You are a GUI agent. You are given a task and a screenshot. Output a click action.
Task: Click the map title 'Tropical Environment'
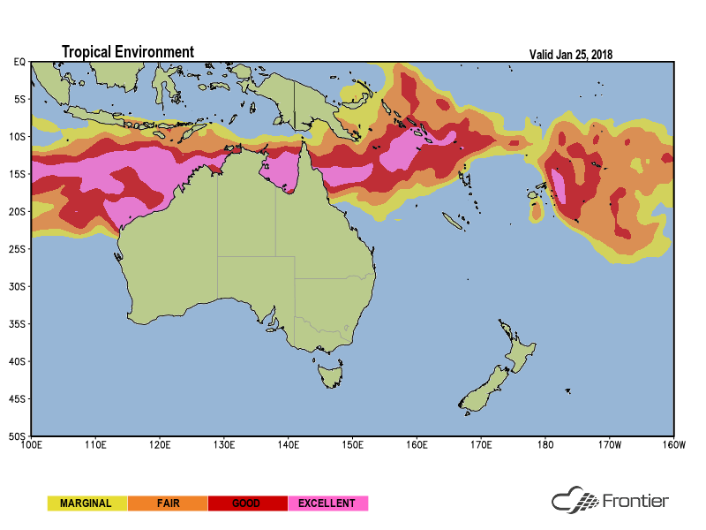(x=127, y=52)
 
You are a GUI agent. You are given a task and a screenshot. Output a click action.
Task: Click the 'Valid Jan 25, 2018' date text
(x=570, y=54)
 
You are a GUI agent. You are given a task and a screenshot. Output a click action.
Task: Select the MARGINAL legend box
(x=86, y=503)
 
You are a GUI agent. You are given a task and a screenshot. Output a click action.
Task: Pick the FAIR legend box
(x=168, y=503)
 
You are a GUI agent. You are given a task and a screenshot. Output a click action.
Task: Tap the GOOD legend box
(x=246, y=503)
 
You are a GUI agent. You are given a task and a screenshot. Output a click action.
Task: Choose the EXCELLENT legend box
(x=327, y=503)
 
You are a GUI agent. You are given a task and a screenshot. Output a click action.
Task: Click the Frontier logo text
(x=635, y=502)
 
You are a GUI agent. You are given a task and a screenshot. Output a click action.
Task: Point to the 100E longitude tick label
(x=31, y=443)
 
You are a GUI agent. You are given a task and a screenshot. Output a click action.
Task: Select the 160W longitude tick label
(x=673, y=443)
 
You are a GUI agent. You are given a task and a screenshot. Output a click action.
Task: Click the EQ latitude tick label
(x=19, y=62)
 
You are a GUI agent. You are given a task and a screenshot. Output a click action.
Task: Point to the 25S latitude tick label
(x=18, y=249)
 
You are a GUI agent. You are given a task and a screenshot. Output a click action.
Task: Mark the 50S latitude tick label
(x=18, y=436)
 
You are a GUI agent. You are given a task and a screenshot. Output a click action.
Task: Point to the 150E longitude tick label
(x=352, y=443)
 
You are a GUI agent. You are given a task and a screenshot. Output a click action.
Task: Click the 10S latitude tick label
(x=18, y=137)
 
